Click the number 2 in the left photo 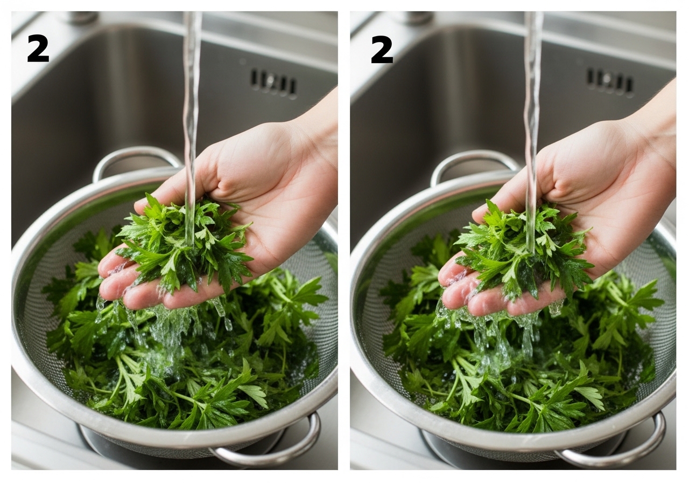coord(38,49)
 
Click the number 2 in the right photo coord(382,50)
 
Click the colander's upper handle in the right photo coord(474,162)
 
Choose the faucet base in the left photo coord(81,17)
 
